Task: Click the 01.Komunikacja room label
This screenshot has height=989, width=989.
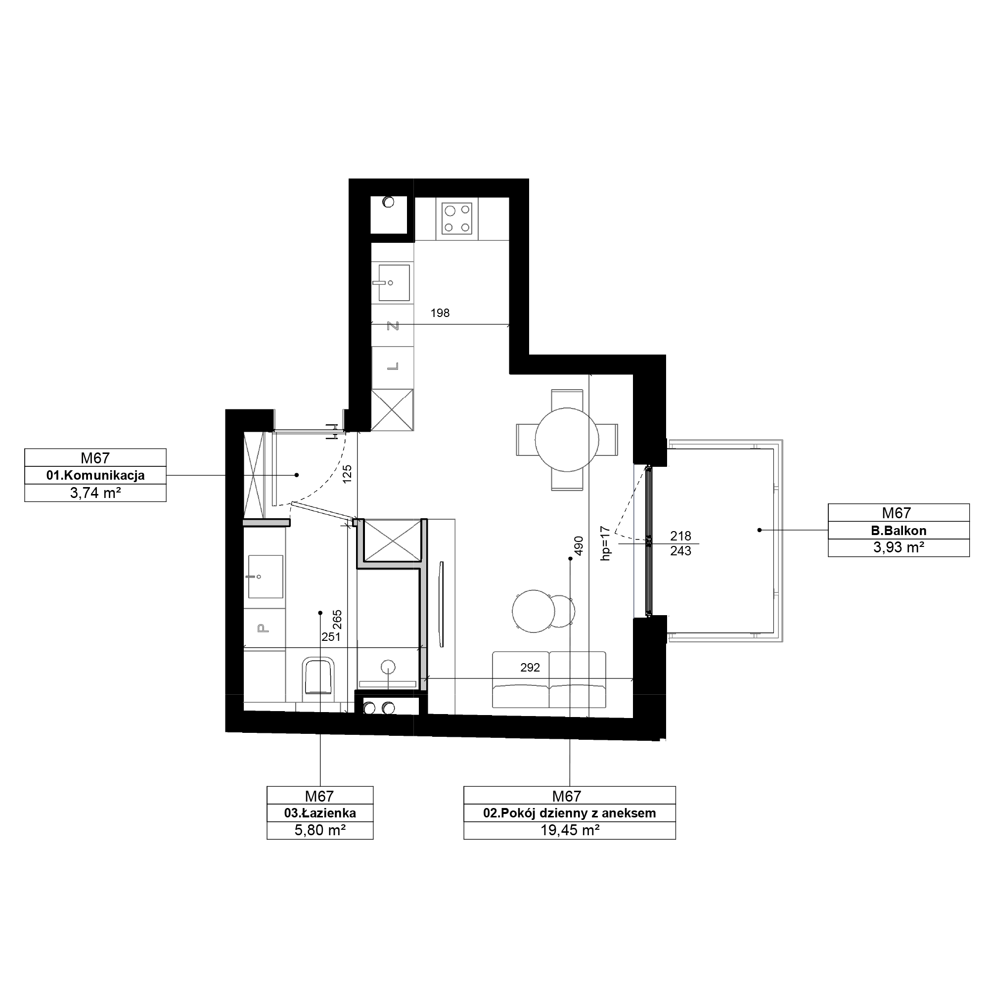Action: click(95, 476)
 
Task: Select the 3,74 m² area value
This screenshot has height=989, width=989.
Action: click(95, 493)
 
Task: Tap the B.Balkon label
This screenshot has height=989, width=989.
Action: click(899, 531)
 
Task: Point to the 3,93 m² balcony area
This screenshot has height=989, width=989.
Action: click(899, 548)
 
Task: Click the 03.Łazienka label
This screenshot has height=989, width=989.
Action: click(320, 813)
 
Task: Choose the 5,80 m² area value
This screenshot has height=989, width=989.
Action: click(320, 830)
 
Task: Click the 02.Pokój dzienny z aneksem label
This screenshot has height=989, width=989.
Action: click(569, 813)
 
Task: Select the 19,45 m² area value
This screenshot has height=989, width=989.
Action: click(570, 830)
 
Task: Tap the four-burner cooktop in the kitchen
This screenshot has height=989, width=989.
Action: click(457, 219)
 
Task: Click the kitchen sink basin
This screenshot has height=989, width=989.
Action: click(394, 282)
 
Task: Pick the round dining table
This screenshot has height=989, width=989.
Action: click(567, 440)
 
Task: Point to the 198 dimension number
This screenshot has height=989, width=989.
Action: click(440, 313)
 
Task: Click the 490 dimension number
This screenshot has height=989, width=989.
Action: click(579, 546)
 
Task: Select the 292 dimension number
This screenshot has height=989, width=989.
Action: click(530, 668)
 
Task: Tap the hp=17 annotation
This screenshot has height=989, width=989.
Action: click(606, 543)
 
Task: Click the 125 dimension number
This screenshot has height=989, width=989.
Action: click(347, 475)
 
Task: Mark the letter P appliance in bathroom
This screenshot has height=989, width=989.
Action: click(263, 628)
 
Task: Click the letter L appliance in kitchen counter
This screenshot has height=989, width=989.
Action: click(393, 366)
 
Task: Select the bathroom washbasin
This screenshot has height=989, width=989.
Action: click(265, 577)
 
